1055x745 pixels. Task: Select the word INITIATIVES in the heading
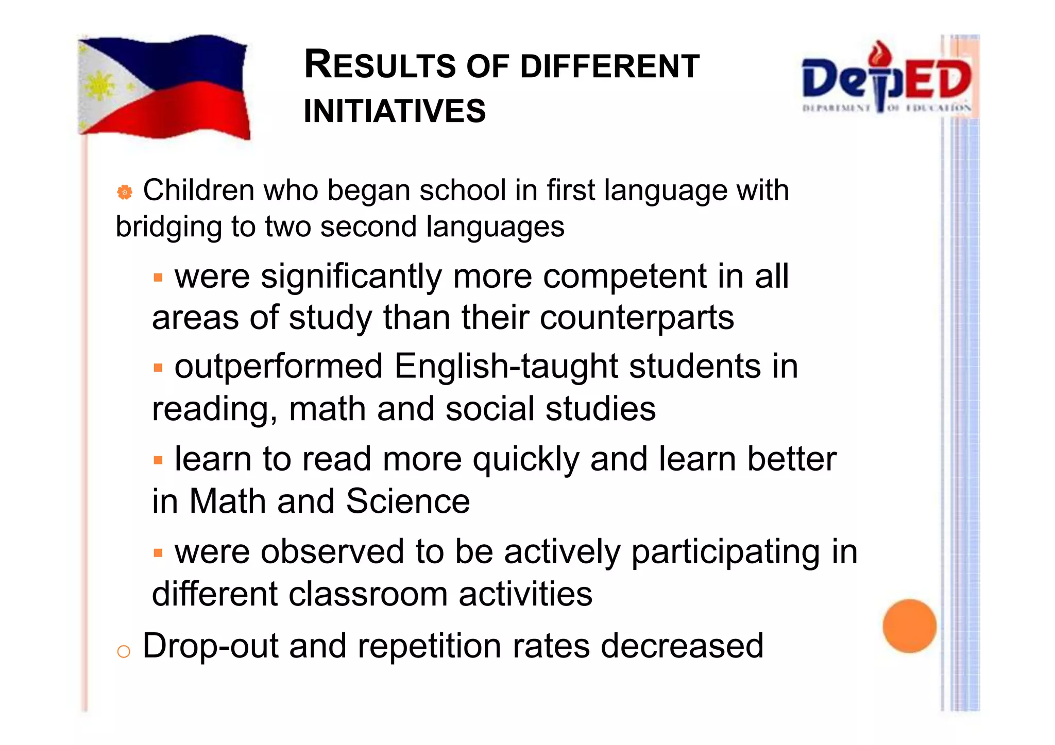coord(395,111)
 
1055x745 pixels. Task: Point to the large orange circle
coord(909,626)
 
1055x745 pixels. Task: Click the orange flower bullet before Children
coord(124,192)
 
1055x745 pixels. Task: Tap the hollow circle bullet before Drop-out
coord(124,651)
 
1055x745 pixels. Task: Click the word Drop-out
coord(210,646)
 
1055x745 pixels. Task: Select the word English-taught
coord(506,367)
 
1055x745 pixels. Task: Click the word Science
coord(407,501)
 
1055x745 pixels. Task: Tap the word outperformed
coord(279,367)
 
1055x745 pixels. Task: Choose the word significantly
coord(351,277)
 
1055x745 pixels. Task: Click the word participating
coord(725,552)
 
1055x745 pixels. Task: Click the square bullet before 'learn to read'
coord(158,459)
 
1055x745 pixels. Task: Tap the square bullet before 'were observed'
coord(158,553)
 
